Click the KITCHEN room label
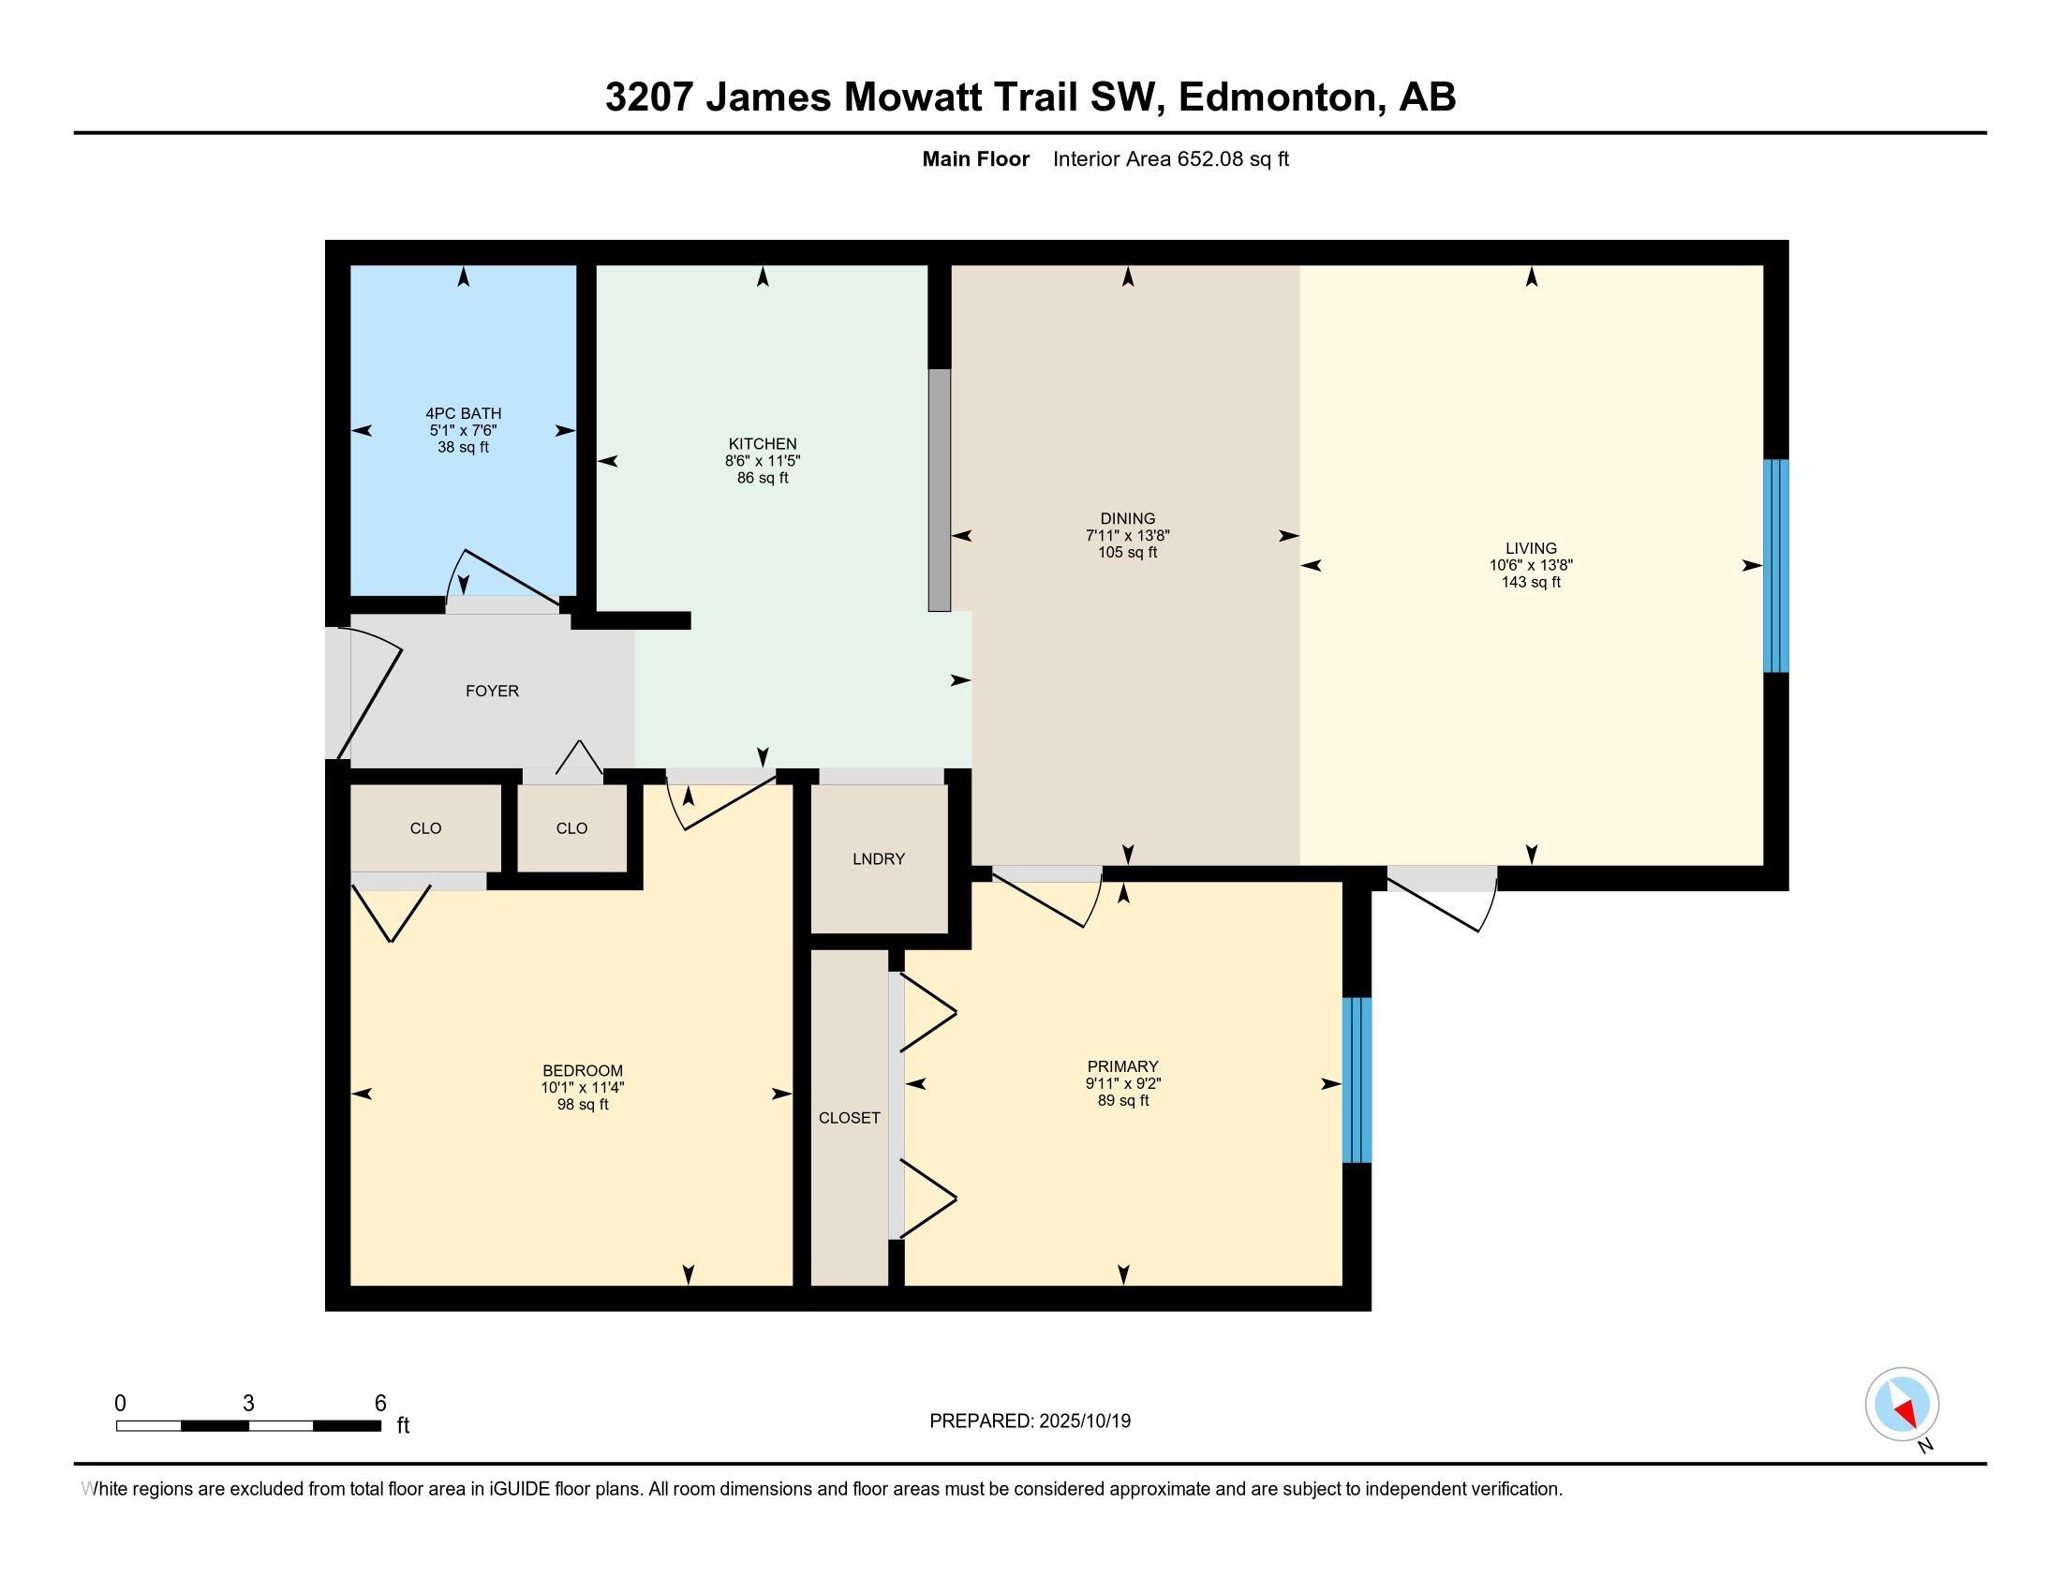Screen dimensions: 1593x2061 point(762,443)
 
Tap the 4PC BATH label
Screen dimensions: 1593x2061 point(463,413)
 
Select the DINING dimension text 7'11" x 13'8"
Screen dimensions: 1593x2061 point(1127,535)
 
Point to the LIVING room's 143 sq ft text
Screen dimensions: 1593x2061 point(1531,582)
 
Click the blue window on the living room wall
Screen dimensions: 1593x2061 point(1776,565)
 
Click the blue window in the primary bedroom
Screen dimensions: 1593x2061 point(1357,1079)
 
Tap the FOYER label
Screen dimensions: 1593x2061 point(492,691)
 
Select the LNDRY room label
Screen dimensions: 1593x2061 point(878,858)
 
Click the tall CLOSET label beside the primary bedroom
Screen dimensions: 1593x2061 point(850,1117)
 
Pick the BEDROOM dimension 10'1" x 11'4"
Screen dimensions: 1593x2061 point(583,1087)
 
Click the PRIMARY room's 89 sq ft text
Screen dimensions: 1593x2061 point(1123,1100)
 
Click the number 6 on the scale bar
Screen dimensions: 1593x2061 point(380,1403)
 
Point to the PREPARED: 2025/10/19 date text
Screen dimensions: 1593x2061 point(1030,1422)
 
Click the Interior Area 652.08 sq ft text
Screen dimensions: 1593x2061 point(1170,158)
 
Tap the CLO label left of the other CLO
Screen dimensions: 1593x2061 point(424,827)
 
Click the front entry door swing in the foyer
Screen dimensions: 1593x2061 point(370,698)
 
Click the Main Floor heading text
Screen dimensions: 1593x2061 point(975,158)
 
